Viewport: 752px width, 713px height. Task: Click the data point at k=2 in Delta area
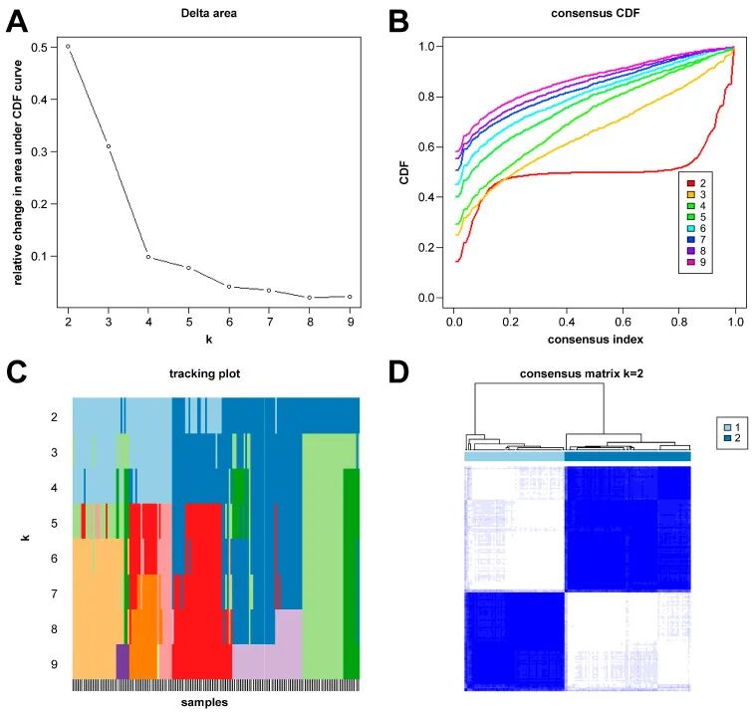pos(68,46)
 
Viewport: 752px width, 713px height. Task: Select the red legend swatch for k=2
pos(689,182)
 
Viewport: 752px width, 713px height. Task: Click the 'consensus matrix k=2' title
pos(577,373)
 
